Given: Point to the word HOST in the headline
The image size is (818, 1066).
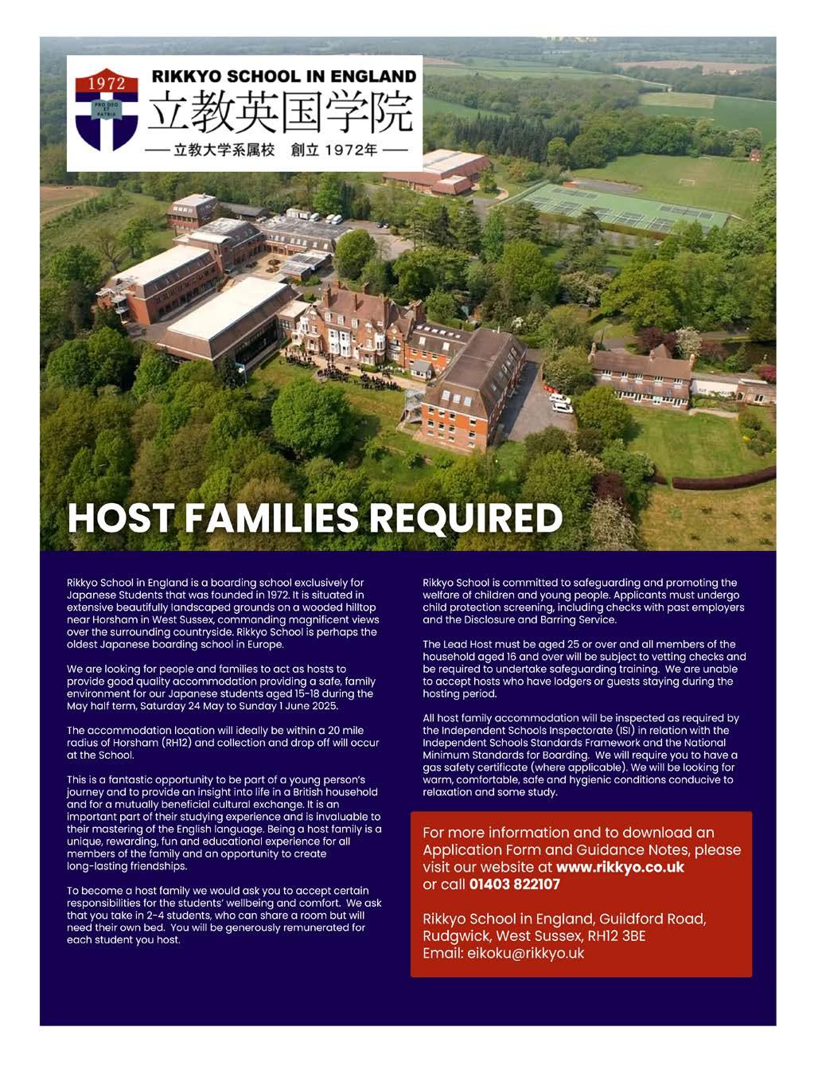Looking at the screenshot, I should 119,518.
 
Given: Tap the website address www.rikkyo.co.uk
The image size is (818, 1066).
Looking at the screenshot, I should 620,867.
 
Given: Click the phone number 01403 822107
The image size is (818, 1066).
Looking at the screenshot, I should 515,884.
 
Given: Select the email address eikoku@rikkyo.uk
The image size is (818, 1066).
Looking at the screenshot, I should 524,953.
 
